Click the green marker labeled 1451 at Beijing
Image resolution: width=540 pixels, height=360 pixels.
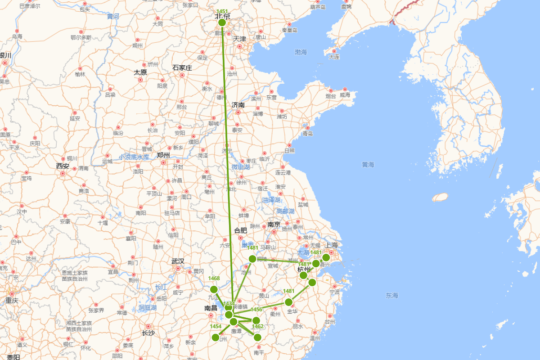(x=222, y=22)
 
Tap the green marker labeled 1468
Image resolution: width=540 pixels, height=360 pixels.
(x=214, y=289)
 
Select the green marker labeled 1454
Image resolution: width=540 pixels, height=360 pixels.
(x=216, y=337)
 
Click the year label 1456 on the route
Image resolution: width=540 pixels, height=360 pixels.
(x=256, y=310)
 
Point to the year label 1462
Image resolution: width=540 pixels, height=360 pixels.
(x=257, y=326)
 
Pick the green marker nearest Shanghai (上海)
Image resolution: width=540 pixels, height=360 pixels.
(x=326, y=257)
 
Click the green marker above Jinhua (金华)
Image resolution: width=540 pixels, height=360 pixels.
(x=288, y=302)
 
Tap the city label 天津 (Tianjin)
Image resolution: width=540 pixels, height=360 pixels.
(x=239, y=39)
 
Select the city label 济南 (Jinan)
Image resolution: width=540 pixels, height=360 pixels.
(x=238, y=105)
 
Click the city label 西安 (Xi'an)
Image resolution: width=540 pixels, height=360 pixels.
(x=63, y=166)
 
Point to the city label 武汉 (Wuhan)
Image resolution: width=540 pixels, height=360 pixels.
(x=178, y=261)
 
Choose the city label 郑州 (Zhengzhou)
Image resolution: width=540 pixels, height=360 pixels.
(x=163, y=155)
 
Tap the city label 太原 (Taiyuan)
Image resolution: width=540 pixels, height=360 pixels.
(x=140, y=72)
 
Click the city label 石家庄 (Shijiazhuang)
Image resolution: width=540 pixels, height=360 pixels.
(x=182, y=68)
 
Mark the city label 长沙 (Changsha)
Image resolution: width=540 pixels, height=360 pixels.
(x=148, y=333)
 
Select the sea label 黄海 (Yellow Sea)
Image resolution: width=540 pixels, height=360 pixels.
(x=368, y=165)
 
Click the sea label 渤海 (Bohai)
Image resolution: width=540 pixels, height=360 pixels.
(x=301, y=52)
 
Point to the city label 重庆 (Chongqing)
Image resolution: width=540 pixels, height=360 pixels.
(x=12, y=300)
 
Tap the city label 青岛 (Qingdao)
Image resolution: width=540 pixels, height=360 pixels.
(x=308, y=134)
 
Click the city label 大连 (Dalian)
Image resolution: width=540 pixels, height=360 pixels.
(x=334, y=57)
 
